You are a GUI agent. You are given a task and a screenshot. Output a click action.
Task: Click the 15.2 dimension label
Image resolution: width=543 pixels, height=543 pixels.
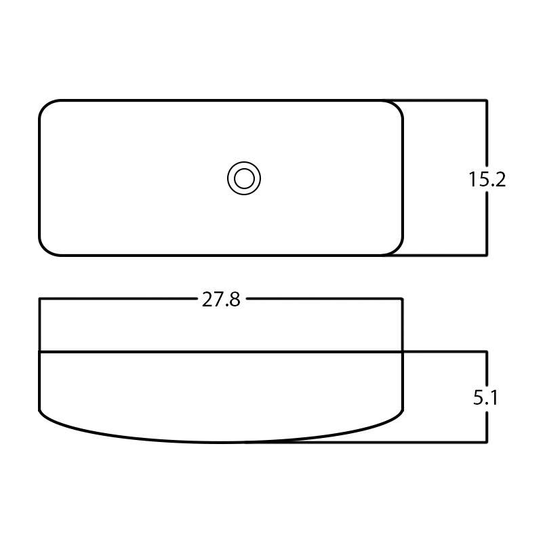point(487,180)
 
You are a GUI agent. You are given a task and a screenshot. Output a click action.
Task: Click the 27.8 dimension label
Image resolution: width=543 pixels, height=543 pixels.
point(221,300)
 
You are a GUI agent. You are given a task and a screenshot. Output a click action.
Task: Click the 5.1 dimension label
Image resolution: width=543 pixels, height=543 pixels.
point(485,398)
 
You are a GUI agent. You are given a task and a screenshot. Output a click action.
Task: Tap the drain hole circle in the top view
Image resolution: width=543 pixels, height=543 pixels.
point(244,179)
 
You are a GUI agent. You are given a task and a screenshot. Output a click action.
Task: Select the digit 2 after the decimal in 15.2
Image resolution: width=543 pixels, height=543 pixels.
point(500,180)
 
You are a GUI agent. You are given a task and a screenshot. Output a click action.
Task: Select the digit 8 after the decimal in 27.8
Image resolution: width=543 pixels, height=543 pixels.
point(234,300)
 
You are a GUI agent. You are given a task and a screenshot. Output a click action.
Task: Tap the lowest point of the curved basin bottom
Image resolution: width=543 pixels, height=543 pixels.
point(221,442)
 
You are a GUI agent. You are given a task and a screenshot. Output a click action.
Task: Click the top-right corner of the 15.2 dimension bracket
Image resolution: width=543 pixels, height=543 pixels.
point(487,101)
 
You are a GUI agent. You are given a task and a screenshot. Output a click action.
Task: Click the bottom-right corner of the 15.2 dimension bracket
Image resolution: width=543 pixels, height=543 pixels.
point(487,255)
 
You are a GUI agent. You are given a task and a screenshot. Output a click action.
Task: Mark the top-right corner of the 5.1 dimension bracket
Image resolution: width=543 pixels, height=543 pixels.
point(487,352)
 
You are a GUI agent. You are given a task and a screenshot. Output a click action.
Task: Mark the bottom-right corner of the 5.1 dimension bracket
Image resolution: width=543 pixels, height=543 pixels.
point(487,442)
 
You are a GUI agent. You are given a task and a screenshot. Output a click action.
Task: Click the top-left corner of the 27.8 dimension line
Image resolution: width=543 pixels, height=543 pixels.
point(40,298)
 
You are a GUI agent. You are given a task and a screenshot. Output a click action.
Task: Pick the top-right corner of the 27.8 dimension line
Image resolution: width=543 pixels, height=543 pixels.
point(403,298)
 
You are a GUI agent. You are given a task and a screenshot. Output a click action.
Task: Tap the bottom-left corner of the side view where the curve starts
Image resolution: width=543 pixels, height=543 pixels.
point(40,410)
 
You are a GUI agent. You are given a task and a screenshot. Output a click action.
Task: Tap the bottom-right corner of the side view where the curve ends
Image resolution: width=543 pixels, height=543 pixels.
point(403,410)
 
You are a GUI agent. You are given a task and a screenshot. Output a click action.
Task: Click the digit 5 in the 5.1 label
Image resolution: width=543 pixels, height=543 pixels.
point(479,398)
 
